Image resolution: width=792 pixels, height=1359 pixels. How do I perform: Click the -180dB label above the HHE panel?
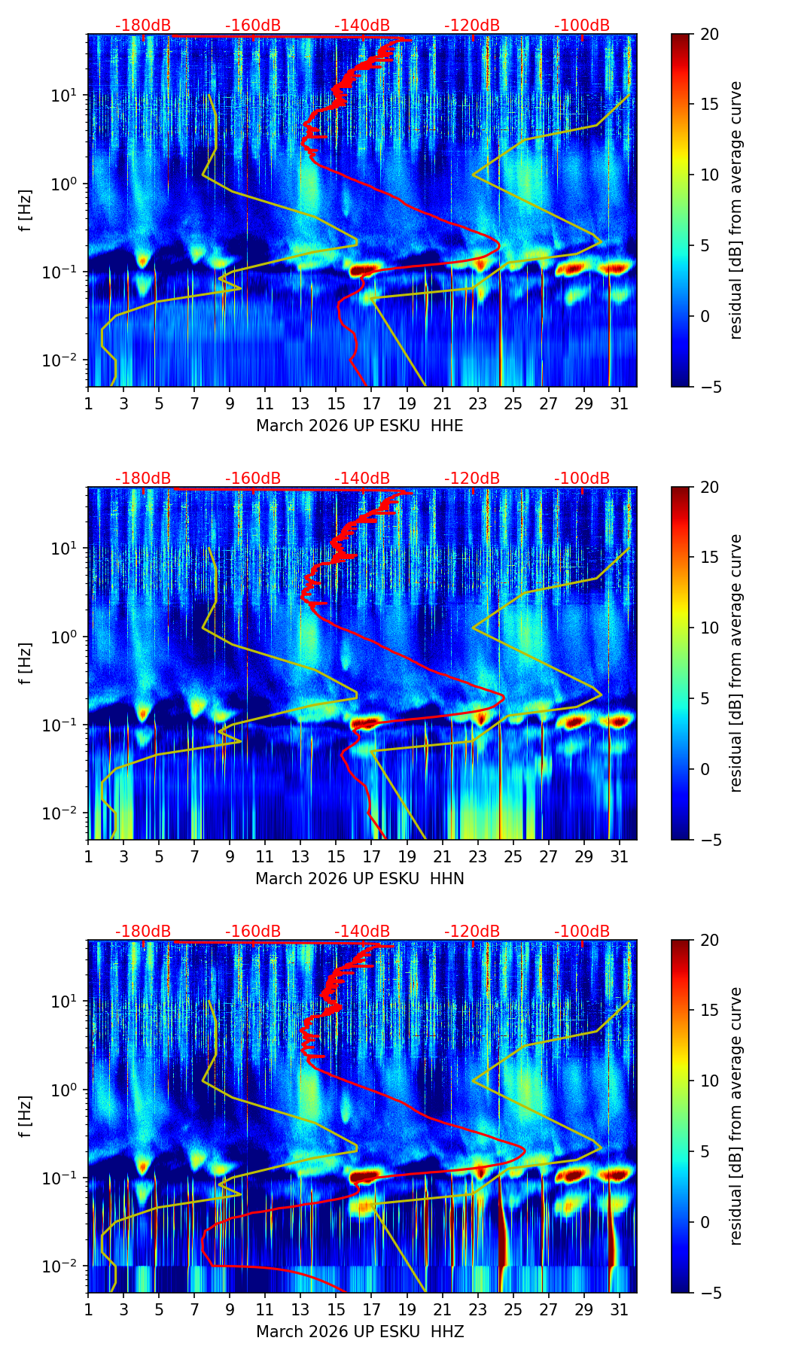click(x=143, y=26)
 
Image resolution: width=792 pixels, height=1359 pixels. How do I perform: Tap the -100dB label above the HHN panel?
click(x=582, y=479)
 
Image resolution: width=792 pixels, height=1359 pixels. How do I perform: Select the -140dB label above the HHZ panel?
click(x=362, y=932)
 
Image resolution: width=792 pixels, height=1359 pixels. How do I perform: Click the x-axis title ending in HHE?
click(x=359, y=426)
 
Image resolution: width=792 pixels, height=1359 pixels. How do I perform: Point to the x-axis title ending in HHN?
click(x=359, y=879)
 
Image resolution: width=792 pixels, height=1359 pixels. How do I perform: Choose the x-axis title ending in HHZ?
click(x=359, y=1332)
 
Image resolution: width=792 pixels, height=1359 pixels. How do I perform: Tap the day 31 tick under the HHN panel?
click(x=619, y=856)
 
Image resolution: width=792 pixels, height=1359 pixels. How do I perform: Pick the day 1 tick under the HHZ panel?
click(x=88, y=1309)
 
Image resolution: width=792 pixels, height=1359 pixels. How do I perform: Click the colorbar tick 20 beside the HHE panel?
click(x=709, y=34)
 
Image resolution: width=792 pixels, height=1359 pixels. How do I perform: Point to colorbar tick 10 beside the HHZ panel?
click(x=709, y=1081)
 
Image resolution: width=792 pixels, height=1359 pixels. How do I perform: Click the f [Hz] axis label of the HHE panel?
click(x=26, y=210)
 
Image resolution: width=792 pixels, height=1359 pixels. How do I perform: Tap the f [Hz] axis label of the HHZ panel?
click(x=26, y=1116)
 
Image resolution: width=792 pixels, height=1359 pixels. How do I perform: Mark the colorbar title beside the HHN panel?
click(x=736, y=663)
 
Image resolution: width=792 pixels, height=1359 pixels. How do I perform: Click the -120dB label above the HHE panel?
click(x=472, y=26)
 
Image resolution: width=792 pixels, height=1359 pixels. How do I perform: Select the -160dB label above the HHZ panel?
click(x=253, y=932)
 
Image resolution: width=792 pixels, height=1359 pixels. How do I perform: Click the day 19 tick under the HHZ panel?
click(x=407, y=1309)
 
